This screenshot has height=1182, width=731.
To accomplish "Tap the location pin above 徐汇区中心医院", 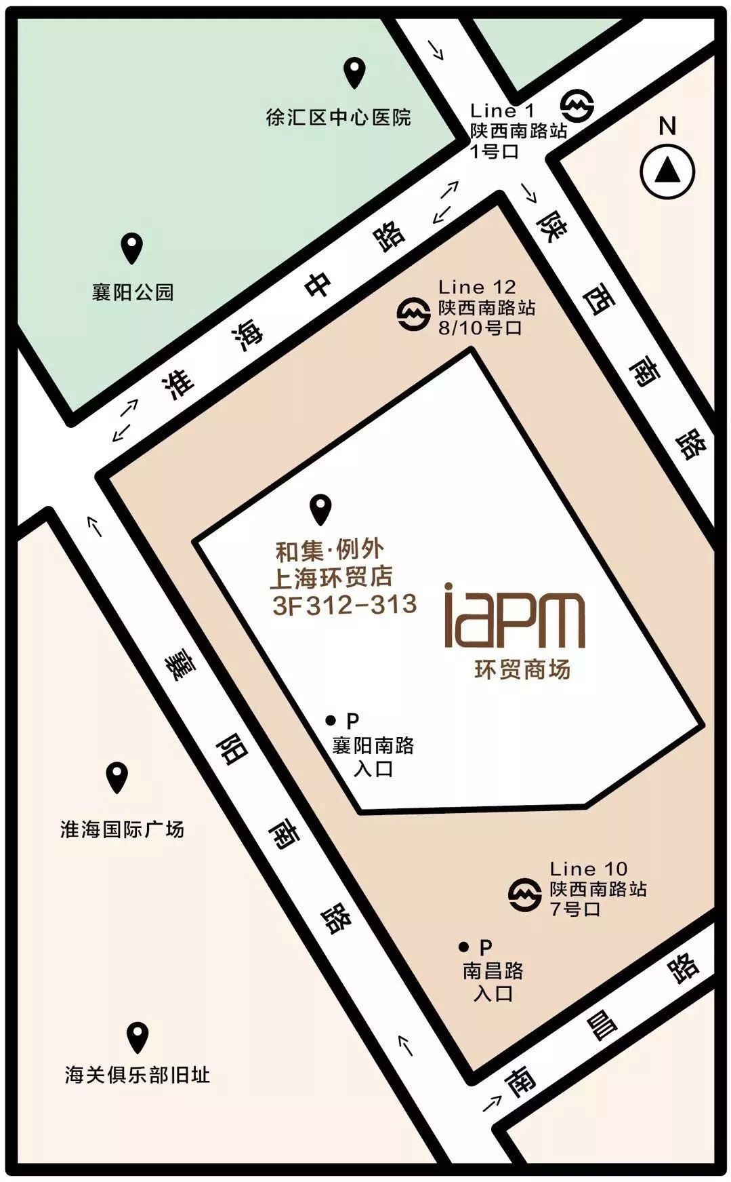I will [x=354, y=72].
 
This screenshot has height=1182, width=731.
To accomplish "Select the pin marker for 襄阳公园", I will [x=131, y=248].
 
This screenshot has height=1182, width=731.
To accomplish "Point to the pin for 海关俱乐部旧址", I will [x=138, y=1037].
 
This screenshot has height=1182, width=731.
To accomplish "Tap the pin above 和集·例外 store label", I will [x=320, y=509].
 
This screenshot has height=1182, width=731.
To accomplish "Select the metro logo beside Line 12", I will [x=413, y=314].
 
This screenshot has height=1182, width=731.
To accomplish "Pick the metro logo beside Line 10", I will [x=524, y=894].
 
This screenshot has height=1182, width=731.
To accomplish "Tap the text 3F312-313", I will [x=344, y=605].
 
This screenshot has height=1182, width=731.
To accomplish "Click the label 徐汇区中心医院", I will [x=338, y=117].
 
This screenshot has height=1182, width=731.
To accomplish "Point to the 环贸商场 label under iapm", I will [x=522, y=670].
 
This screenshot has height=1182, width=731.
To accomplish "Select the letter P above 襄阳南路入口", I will [x=352, y=720].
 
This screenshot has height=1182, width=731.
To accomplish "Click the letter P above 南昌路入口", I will [x=485, y=947].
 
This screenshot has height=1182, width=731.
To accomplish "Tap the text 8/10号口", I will [x=480, y=328].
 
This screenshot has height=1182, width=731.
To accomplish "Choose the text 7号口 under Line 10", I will [x=575, y=909].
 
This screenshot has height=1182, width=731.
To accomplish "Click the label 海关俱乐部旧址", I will [x=138, y=1075].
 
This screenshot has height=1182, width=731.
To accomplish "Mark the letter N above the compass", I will [x=667, y=126].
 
